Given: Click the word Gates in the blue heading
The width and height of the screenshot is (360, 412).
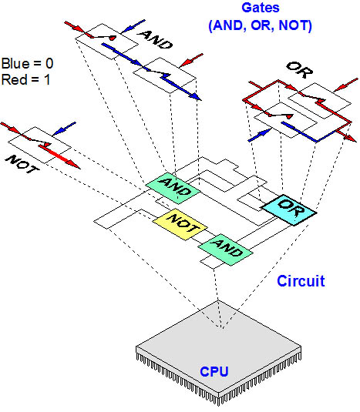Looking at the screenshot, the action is coord(261,8).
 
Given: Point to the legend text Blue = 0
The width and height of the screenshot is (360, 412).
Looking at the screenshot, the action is coord(27,64).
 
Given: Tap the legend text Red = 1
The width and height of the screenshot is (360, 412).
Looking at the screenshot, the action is coord(25,79).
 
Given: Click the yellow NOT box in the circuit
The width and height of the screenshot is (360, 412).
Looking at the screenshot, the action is coord(180,224).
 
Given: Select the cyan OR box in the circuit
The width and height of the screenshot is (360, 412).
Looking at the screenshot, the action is coord(288,209).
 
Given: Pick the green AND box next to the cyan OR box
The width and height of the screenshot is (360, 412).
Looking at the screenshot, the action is coord(225,250).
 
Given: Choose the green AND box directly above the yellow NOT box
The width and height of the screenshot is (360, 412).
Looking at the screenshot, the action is coord(173,188).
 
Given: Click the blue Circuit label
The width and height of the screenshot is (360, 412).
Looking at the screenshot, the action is coord(301,281).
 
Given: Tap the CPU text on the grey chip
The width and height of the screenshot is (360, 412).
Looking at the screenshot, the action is coord(214,372).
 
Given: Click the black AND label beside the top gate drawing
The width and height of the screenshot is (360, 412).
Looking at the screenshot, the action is coord(156,40).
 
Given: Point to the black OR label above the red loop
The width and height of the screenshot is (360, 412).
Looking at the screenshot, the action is coord(300,69).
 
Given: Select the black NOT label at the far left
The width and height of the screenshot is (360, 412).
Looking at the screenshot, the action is coord(22,164).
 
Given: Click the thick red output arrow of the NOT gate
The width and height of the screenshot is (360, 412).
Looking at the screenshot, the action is coord(60,157).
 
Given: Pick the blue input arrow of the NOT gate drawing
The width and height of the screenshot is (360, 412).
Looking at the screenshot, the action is coord(64,129).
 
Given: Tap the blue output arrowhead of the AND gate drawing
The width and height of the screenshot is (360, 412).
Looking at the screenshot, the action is coord(195,97).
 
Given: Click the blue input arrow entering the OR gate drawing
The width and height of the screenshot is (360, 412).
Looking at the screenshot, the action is coord(260,135).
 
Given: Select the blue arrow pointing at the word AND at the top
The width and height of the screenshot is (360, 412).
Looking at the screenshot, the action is coord(133,26).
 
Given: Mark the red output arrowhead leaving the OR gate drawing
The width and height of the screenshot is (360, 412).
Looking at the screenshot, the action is coord(351,139).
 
